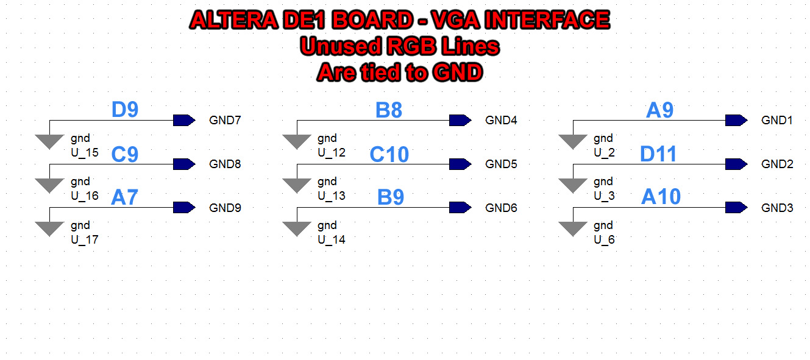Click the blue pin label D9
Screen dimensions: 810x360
pos(125,110)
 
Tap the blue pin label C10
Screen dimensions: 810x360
pos(389,155)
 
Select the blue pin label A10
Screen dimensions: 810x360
pos(661,197)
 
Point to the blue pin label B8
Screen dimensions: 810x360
pos(389,110)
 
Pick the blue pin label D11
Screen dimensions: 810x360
pos(658,154)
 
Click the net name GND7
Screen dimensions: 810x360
pos(225,121)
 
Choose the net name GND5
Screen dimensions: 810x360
pos(501,164)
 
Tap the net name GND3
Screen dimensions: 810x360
pos(777,208)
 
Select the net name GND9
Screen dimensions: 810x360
pos(225,208)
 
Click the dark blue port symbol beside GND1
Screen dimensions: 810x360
pos(736,121)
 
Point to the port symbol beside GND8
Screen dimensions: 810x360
pos(184,164)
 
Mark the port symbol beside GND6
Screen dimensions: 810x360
pos(460,208)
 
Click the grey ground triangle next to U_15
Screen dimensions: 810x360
pos(49,141)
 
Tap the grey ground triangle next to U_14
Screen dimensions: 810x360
pos(297,228)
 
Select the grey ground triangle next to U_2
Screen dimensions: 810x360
pos(573,141)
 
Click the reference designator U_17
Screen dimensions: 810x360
pos(85,239)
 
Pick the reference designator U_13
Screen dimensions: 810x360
pos(332,196)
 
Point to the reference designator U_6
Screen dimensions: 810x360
pos(604,239)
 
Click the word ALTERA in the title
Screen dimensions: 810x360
pos(234,19)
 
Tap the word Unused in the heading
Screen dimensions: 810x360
pos(340,46)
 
